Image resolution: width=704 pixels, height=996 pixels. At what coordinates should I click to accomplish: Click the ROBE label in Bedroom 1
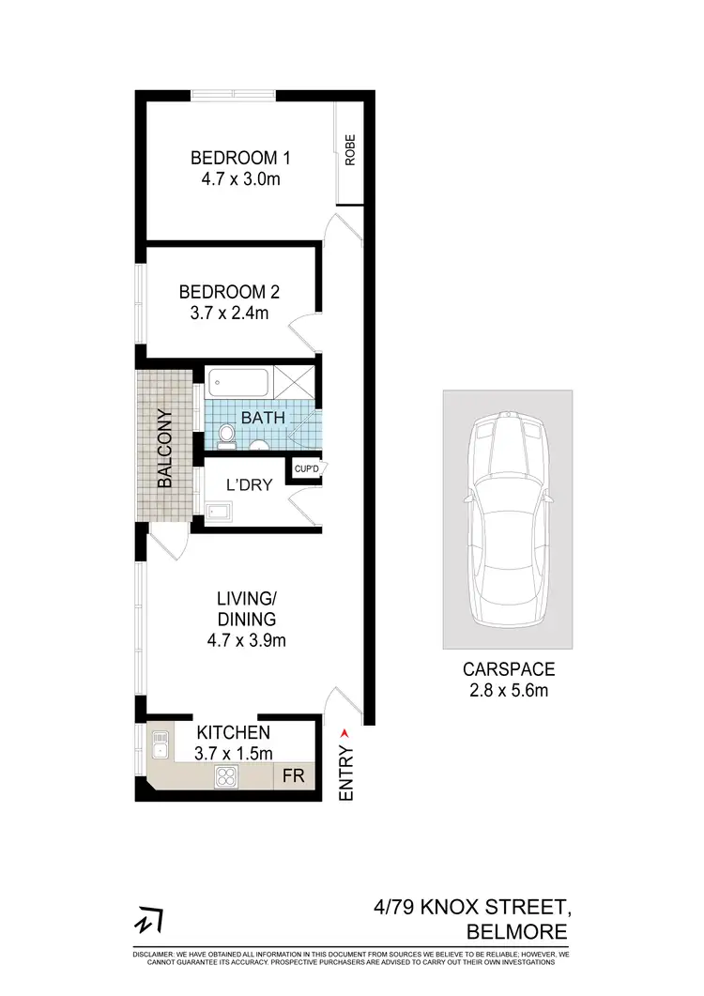click(x=351, y=151)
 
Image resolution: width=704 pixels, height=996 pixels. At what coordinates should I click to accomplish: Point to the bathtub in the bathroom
click(x=238, y=383)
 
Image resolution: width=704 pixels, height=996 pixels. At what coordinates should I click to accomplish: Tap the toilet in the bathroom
click(x=225, y=434)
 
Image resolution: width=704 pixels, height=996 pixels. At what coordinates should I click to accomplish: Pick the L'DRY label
click(x=250, y=484)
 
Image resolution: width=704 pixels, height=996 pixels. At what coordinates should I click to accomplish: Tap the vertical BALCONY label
click(x=165, y=448)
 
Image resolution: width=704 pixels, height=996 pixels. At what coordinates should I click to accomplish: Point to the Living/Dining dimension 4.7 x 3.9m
click(x=246, y=641)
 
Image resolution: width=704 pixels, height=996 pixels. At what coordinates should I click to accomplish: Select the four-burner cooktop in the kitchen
click(x=228, y=775)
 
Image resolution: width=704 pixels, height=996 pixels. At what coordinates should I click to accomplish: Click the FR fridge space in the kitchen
click(x=293, y=776)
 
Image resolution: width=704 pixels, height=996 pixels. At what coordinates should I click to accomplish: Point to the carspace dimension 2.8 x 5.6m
click(x=509, y=692)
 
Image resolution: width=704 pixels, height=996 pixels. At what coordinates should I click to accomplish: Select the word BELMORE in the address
click(x=517, y=931)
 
